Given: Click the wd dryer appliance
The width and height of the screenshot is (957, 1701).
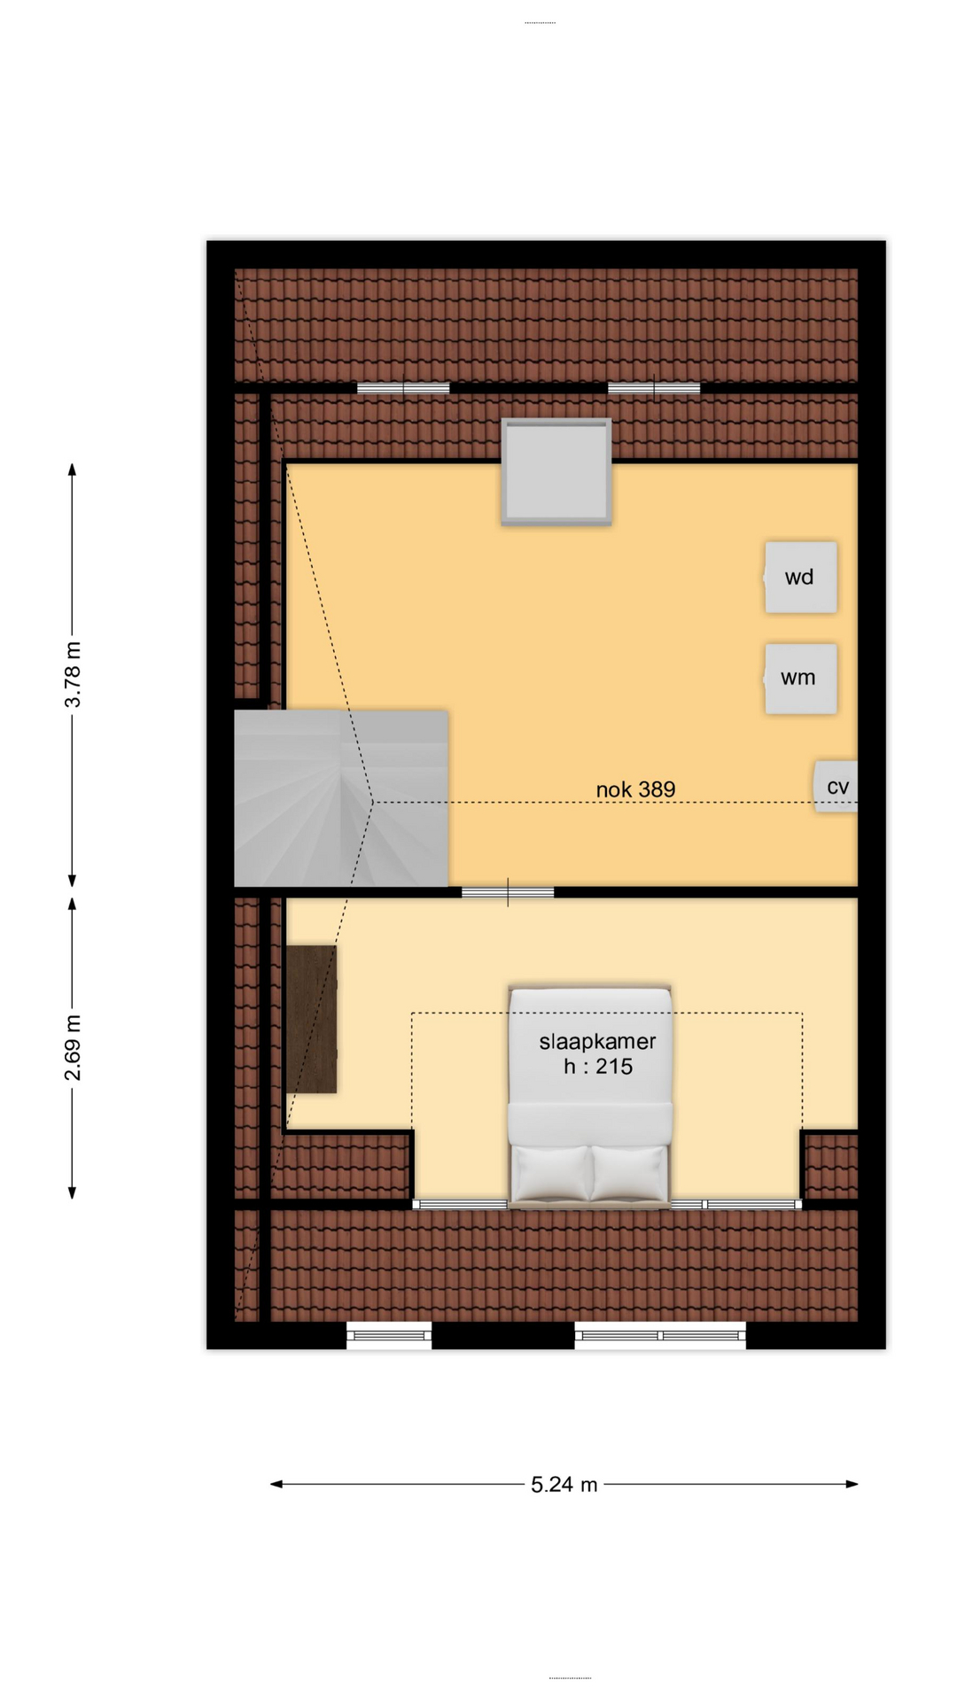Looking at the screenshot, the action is tap(800, 577).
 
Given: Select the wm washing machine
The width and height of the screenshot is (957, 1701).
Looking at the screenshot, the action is tap(800, 678).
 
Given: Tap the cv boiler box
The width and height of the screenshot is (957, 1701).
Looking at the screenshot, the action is tap(836, 787).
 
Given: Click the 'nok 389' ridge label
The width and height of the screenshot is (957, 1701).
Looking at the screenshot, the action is tap(635, 789).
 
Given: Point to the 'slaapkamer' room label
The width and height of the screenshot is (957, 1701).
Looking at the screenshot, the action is tap(597, 1041).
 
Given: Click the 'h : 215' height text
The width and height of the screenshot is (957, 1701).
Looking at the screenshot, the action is tap(598, 1066).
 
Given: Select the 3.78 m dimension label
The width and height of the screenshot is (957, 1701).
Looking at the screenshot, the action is tap(73, 675).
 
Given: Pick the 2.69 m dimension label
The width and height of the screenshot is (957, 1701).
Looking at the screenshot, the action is tap(73, 1048).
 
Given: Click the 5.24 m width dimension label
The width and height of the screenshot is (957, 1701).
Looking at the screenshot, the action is tap(564, 1485).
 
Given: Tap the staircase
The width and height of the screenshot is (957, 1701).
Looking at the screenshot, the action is tap(340, 798).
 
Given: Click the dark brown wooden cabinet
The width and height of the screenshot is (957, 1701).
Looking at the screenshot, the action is tap(311, 1019).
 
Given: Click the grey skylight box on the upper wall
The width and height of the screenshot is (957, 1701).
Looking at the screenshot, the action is tap(556, 471).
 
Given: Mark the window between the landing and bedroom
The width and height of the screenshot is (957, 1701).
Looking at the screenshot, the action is tap(508, 893).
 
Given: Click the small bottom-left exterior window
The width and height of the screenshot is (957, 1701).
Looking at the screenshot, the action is tap(389, 1335).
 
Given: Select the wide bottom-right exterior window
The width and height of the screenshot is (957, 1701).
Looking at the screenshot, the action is tap(660, 1335).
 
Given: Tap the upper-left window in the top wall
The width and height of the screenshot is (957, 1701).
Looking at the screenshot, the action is tap(403, 388).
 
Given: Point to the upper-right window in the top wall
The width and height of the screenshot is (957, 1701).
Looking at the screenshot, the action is tap(654, 388).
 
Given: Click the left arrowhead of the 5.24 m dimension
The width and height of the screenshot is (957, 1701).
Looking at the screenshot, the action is tap(276, 1484).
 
